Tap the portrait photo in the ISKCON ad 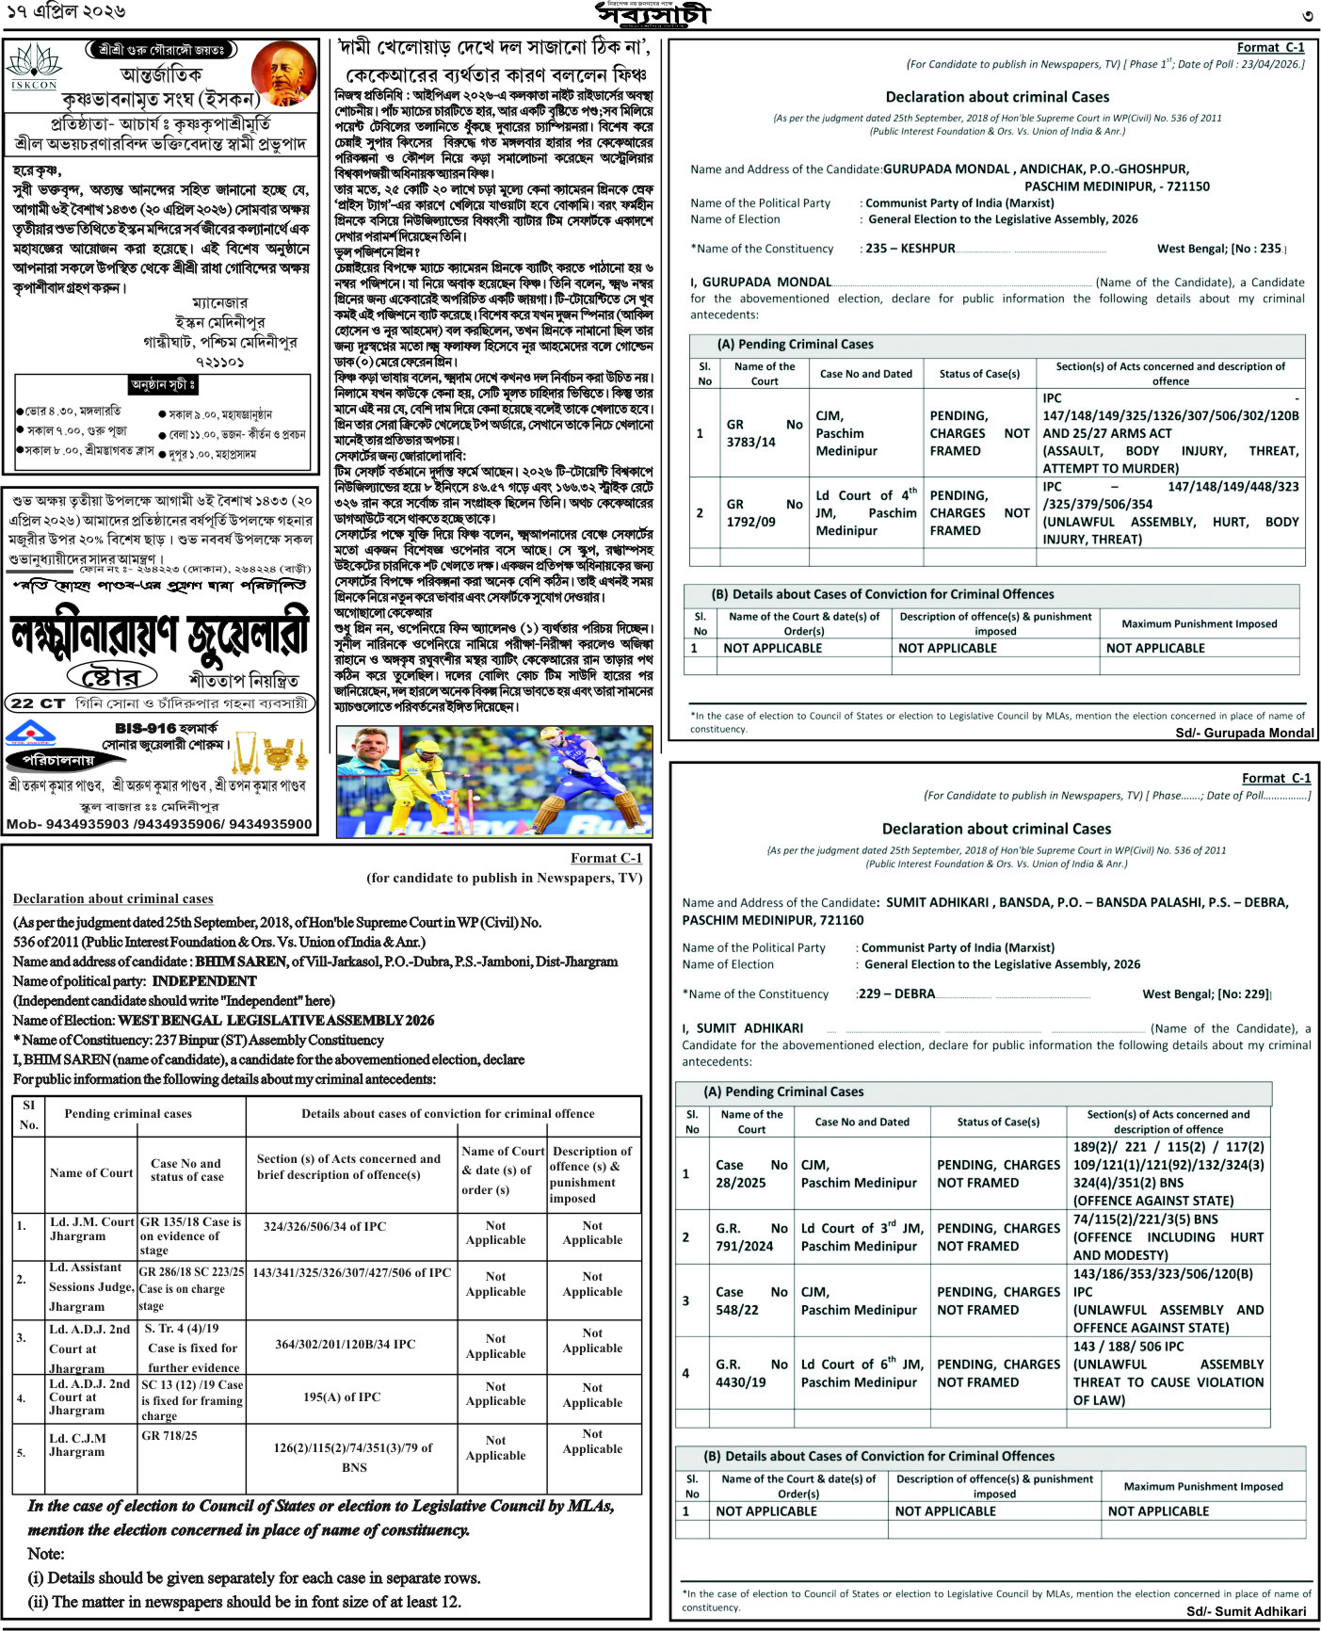(287, 73)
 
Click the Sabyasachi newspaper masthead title (653, 15)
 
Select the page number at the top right (1307, 16)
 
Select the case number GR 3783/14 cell (764, 433)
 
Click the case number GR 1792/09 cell (764, 513)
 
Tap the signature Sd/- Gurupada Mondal (1244, 733)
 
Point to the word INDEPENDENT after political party (204, 981)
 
